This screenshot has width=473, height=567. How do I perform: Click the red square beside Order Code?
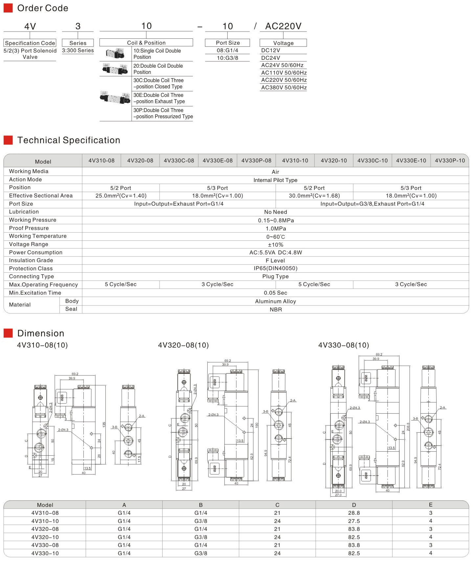(x=8, y=8)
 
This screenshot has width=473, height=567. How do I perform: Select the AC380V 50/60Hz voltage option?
(x=284, y=88)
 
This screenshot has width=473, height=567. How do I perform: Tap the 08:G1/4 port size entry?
(x=227, y=50)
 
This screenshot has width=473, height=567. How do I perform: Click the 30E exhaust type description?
(x=159, y=98)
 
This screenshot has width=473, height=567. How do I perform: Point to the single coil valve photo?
(x=115, y=54)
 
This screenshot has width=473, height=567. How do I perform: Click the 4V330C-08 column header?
(x=179, y=161)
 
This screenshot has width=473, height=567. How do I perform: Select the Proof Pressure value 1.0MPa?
(x=276, y=229)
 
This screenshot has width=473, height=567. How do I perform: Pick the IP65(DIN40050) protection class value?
(x=276, y=268)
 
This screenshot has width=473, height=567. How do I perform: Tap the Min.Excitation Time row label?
(x=35, y=293)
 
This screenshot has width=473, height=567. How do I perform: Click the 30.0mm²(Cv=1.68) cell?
(x=314, y=196)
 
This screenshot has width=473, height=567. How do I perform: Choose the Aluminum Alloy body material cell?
(x=276, y=301)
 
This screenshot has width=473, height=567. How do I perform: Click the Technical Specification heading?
(x=69, y=140)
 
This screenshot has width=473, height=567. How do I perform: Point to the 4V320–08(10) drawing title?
(x=183, y=345)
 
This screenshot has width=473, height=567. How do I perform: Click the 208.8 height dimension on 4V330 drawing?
(x=408, y=427)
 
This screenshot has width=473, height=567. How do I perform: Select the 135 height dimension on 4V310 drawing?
(x=104, y=424)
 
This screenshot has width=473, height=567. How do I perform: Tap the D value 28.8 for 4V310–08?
(x=354, y=513)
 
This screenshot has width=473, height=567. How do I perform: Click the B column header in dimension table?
(x=201, y=505)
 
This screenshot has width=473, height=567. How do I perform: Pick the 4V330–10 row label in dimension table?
(x=45, y=553)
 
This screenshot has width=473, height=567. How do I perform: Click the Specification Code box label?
(x=30, y=43)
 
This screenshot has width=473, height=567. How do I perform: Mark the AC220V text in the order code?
(x=283, y=26)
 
